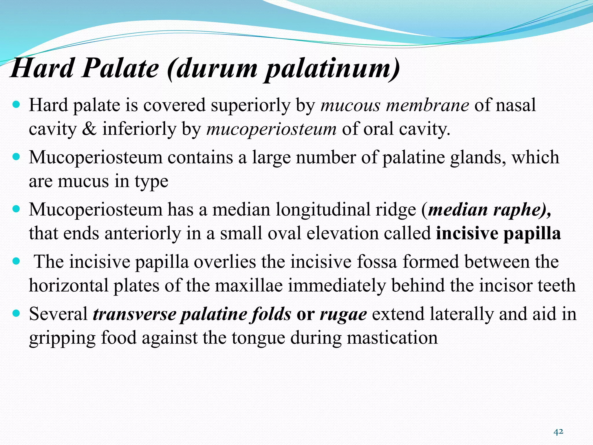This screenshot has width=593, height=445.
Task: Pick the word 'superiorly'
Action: pyautogui.click(x=250, y=105)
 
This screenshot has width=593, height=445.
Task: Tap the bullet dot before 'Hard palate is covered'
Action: pyautogui.click(x=17, y=104)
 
